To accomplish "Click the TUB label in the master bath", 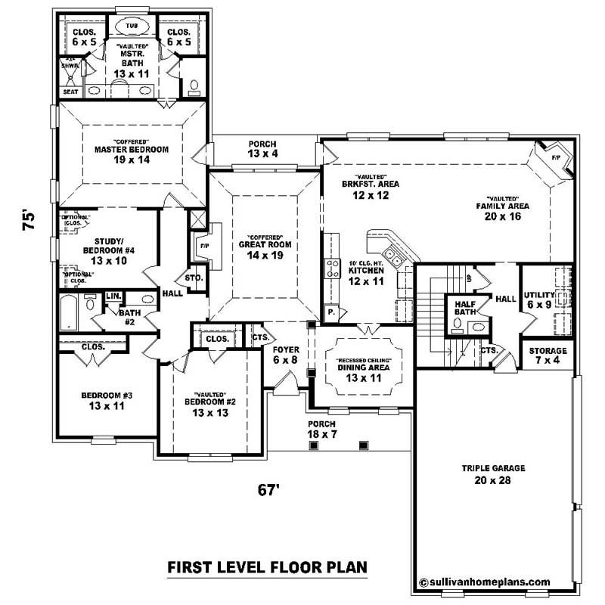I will click(x=132, y=25).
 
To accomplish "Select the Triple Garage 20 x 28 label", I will click(x=493, y=473).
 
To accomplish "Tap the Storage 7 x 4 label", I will click(x=547, y=356).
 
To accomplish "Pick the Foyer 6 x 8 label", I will click(x=287, y=355).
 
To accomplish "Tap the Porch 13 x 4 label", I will click(x=262, y=149).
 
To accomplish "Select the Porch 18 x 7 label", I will click(x=321, y=429).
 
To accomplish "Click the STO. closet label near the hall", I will click(x=194, y=278).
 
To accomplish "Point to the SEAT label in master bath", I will click(x=70, y=91).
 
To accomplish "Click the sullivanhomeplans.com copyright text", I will click(x=484, y=582).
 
